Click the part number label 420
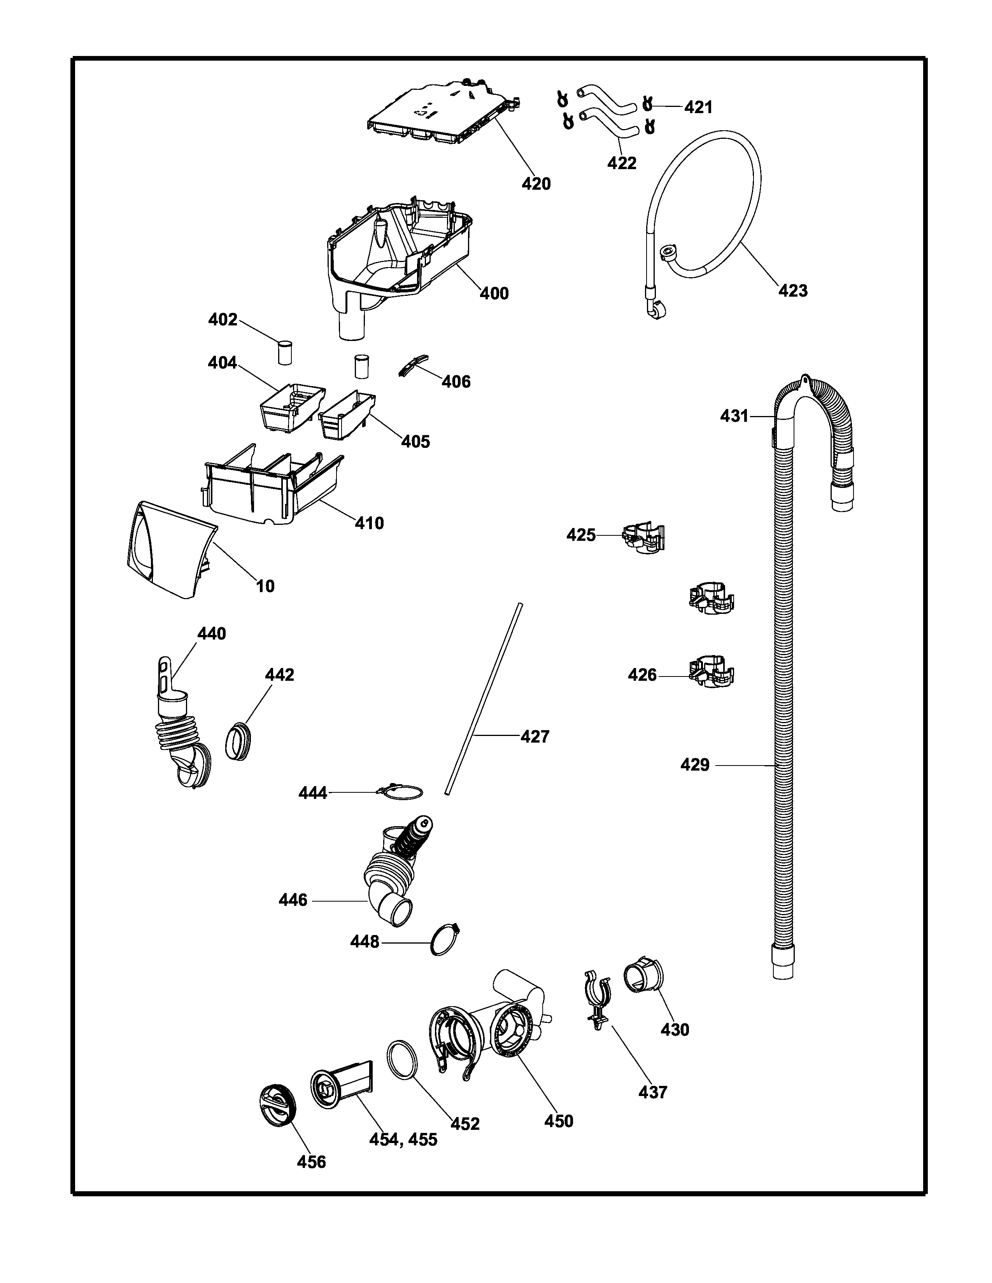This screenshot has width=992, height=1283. coord(536,184)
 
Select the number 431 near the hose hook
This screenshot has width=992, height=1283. coord(734,416)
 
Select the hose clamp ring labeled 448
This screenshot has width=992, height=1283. coord(445,942)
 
